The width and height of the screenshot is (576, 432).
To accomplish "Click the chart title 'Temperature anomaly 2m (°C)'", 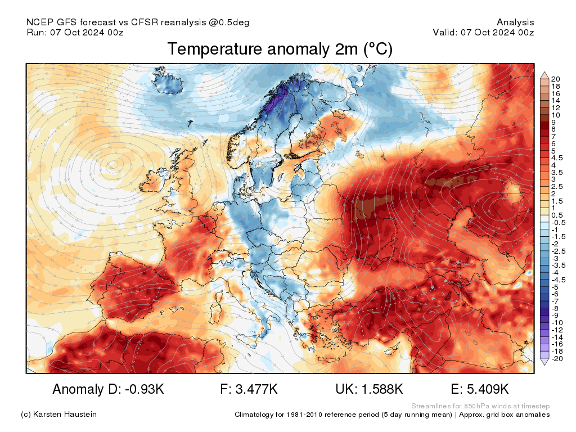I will (x=280, y=49).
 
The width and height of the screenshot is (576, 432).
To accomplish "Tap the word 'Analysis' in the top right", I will (x=515, y=22).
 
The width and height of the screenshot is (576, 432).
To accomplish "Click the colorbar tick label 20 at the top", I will (x=556, y=79).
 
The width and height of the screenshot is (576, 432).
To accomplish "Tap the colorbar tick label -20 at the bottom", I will (x=557, y=359).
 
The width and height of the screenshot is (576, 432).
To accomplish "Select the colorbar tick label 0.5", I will (x=557, y=215).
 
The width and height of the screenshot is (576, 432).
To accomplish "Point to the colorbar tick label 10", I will (x=556, y=115).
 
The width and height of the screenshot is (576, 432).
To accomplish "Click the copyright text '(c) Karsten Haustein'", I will (x=58, y=415).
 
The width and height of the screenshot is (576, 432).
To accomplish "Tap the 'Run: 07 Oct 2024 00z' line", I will (x=75, y=32).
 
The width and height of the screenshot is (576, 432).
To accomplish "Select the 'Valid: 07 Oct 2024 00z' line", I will (x=483, y=32).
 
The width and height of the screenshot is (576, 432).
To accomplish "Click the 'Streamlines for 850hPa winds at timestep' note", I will (x=480, y=406).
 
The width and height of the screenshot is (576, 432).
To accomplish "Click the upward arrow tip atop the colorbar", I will (x=544, y=74).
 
